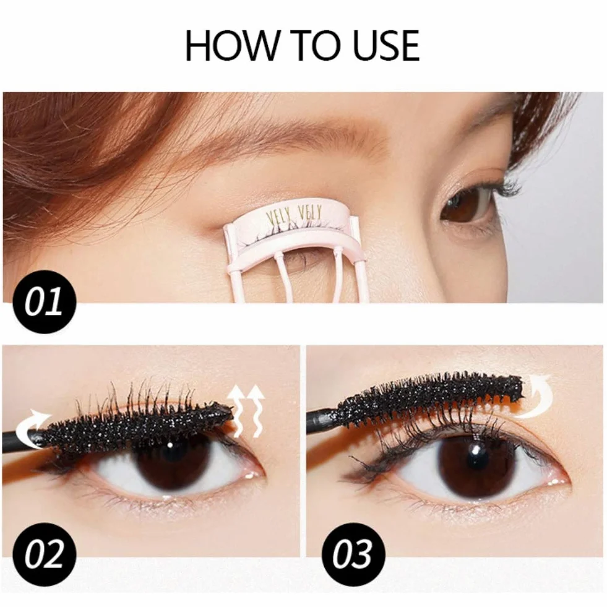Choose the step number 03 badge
pos(353,554)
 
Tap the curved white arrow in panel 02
pos(33,426)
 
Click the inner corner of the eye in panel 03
pos(561,481)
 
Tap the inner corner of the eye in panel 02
pos(256,473)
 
